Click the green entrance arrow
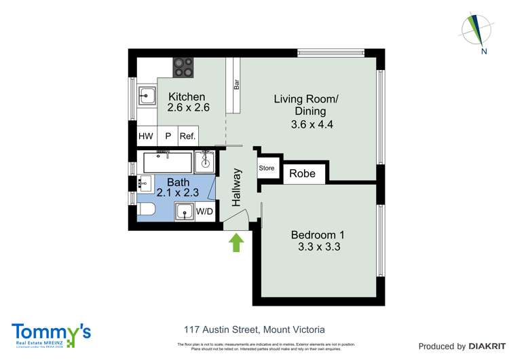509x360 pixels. click(236, 242)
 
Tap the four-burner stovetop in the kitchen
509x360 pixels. click(183, 66)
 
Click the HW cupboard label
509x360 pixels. click(146, 137)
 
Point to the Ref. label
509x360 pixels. click(187, 137)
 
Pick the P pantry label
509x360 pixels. click(168, 137)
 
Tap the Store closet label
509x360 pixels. click(266, 168)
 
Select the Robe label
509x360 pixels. click(302, 174)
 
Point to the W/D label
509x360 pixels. click(204, 212)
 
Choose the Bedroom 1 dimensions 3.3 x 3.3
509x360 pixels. click(318, 247)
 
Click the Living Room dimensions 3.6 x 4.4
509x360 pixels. click(312, 124)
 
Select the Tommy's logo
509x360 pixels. click(51, 335)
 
